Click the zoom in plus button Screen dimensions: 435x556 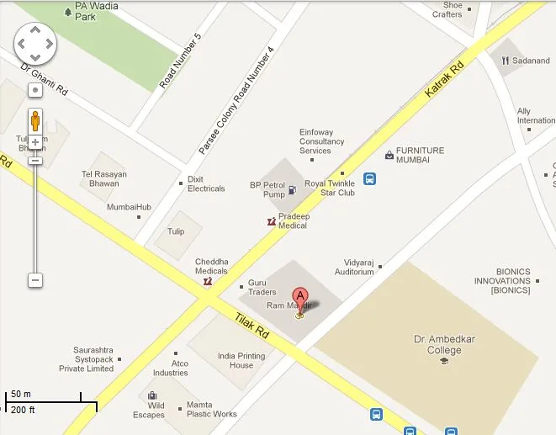click(x=35, y=142)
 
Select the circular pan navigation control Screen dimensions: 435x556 click(x=35, y=43)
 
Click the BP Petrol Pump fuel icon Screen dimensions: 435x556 click(x=292, y=190)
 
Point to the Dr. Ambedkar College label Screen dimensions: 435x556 click(x=437, y=345)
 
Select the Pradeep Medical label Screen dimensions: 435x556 click(x=293, y=220)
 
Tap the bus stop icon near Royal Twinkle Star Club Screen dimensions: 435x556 click(x=369, y=178)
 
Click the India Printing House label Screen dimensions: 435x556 click(x=241, y=360)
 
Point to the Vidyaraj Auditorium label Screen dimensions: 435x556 click(x=354, y=267)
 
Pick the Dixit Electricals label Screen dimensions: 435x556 click(x=206, y=183)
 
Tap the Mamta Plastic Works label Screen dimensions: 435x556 click(x=211, y=409)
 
